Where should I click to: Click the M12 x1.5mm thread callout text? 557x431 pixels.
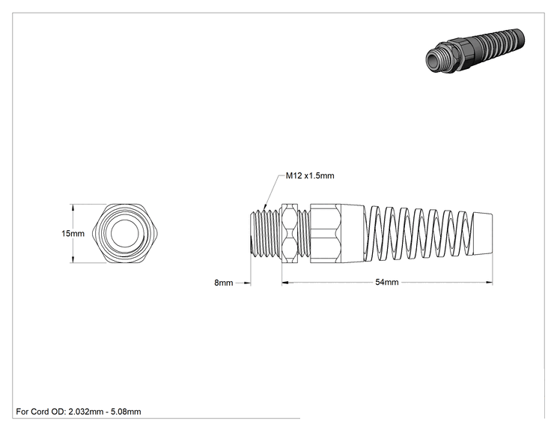pos(310,175)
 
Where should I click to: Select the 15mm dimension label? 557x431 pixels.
pos(73,234)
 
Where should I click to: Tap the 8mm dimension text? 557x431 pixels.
pos(223,283)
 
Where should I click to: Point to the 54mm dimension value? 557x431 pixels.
pos(387,282)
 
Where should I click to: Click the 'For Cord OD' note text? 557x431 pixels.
pos(79,412)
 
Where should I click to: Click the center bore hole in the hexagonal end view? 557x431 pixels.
pos(125,233)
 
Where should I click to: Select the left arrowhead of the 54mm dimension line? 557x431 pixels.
pos(285,283)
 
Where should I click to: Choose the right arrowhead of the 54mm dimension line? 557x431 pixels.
pos(490,283)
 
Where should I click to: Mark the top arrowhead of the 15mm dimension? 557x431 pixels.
pos(73,208)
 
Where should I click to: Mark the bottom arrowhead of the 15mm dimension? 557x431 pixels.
pos(73,259)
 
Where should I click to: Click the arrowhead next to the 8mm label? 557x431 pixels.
pos(248,283)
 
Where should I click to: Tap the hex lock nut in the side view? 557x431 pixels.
pos(290,233)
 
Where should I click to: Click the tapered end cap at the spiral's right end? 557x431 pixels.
pos(483,234)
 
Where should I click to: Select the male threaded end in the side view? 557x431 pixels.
pos(266,233)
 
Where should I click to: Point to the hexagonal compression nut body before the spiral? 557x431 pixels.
pos(326,233)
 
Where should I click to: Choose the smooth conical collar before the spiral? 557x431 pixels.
pos(353,233)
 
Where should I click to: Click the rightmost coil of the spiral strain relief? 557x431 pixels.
pos(463,234)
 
